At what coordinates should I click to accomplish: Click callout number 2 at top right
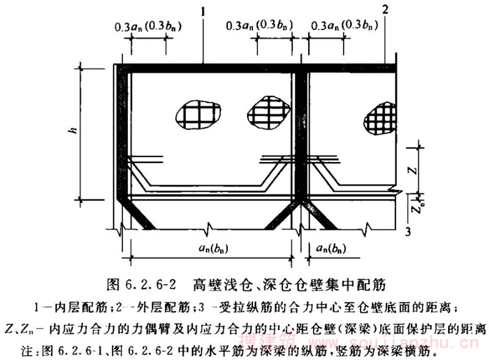pyautogui.click(x=385, y=9)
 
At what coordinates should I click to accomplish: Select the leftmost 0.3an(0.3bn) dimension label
pyautogui.click(x=150, y=27)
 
